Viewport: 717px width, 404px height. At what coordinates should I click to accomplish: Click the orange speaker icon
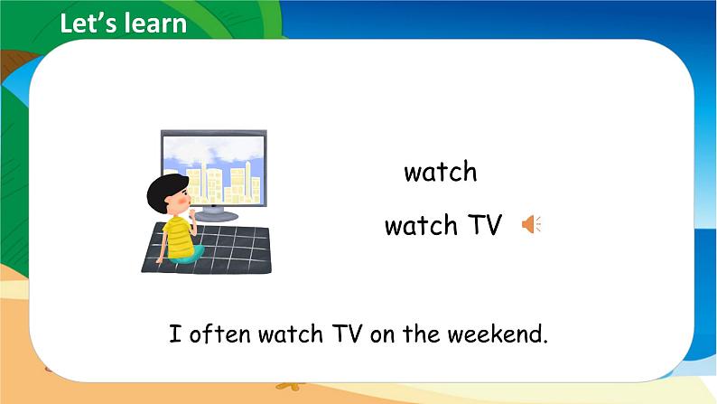click(530, 225)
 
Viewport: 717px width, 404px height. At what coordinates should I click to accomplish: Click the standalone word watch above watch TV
click(441, 172)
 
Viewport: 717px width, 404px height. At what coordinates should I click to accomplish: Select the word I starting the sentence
click(173, 335)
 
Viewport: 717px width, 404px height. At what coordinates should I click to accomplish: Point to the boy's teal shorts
click(188, 256)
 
